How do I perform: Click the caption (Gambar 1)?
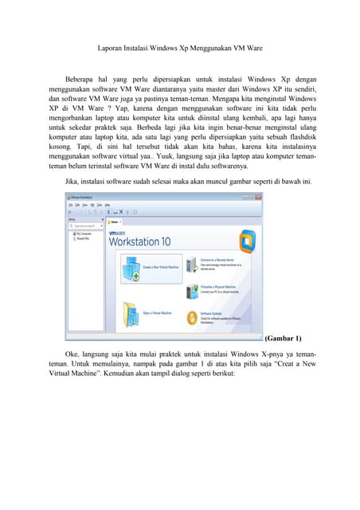click(x=282, y=339)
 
